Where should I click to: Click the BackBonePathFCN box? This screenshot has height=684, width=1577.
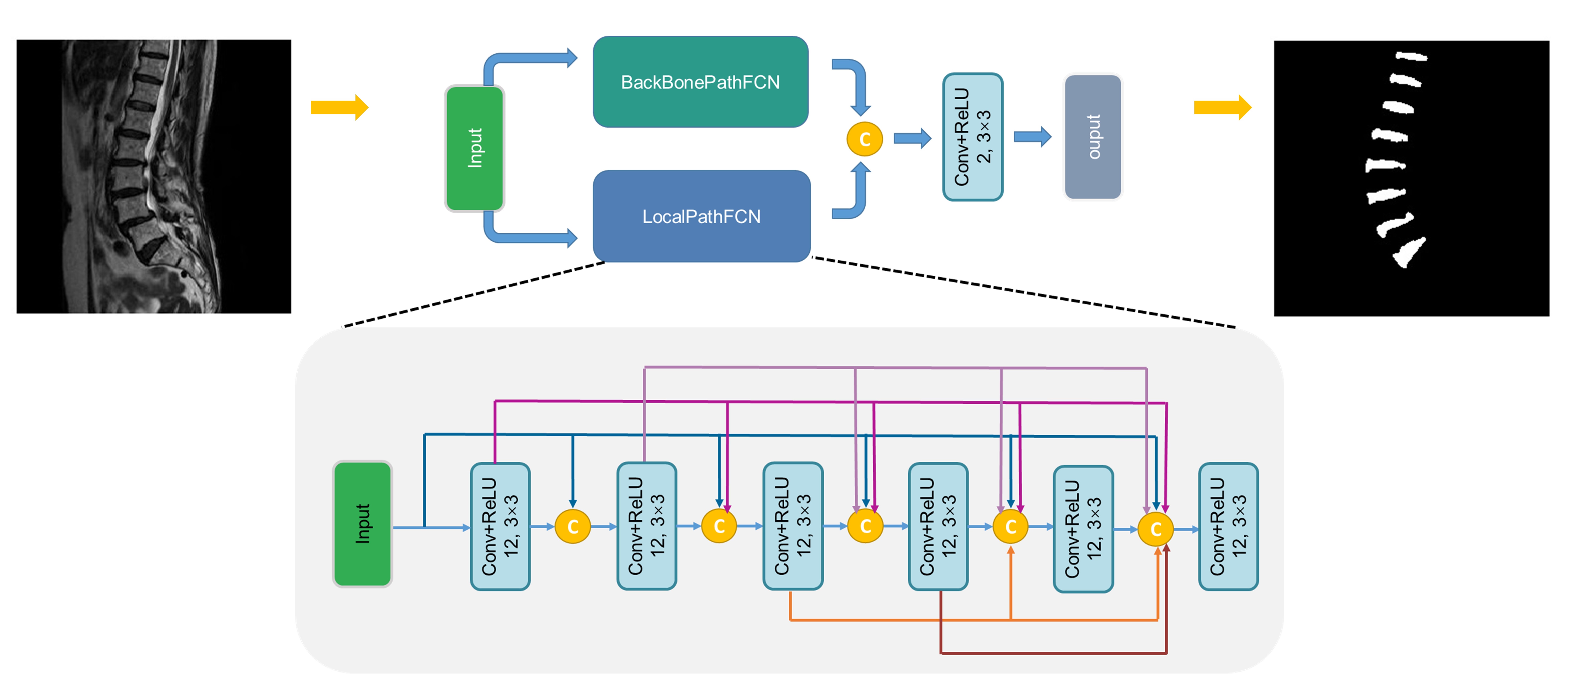700,82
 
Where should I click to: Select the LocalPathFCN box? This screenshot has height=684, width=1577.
702,216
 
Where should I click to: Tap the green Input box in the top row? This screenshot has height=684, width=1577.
474,148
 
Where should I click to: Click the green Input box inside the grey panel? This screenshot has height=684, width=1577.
362,524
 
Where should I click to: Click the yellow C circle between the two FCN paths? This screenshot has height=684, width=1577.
864,139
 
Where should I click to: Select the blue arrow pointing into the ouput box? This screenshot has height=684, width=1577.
1032,137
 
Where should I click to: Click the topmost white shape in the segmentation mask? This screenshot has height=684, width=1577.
1411,57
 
